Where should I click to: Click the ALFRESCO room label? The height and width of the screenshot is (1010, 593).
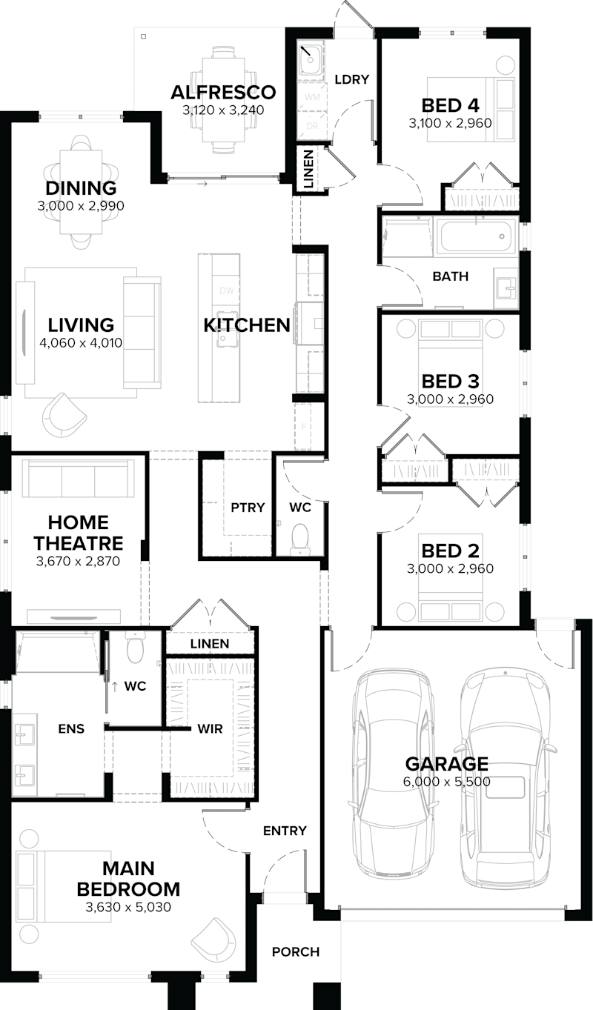point(223,93)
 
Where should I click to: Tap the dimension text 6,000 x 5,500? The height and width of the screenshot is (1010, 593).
point(446,781)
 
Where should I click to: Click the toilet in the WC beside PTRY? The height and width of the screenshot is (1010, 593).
point(300,536)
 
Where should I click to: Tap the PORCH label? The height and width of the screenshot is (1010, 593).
point(295,951)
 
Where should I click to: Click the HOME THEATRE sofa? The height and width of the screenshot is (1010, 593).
point(78,478)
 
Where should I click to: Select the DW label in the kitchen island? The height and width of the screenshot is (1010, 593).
point(227,291)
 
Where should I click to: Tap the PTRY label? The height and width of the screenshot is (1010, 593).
point(247,508)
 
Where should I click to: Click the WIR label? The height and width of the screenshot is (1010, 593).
point(210,728)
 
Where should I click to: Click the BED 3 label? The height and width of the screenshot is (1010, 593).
point(450,381)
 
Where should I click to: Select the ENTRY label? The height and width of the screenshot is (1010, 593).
point(285,831)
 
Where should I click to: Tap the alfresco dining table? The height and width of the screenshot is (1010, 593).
point(222,100)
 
